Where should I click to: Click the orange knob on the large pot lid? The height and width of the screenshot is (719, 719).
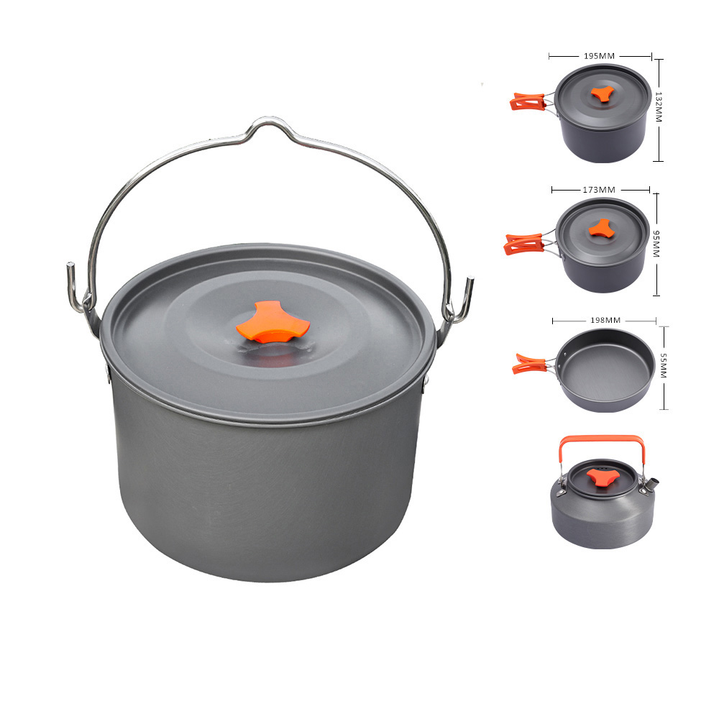[x=273, y=322]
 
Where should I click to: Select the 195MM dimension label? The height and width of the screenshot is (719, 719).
[x=599, y=56]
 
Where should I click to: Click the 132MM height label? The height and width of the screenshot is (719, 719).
[x=659, y=107]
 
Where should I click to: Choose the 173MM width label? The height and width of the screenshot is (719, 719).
[x=599, y=189]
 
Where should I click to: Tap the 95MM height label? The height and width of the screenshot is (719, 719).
[x=656, y=244]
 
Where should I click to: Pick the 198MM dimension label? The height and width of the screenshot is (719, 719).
[x=605, y=320]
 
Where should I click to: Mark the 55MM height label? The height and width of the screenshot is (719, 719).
[x=663, y=365]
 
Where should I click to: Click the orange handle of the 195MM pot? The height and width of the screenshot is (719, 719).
[x=527, y=101]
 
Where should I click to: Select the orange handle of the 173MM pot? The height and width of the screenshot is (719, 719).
[x=523, y=244]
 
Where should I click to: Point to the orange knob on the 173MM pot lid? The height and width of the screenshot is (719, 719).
[x=602, y=229]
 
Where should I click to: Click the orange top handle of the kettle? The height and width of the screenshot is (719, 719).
[x=602, y=440]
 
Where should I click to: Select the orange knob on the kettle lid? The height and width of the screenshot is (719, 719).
[x=600, y=477]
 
